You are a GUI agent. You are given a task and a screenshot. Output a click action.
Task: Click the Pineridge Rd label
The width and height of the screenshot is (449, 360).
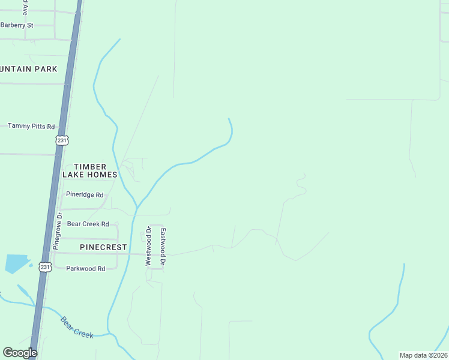tap(85, 195)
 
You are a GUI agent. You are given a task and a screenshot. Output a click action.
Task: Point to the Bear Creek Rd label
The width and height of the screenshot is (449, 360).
tap(88, 224)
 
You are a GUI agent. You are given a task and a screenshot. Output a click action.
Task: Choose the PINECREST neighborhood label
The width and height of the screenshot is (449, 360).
tap(103, 247)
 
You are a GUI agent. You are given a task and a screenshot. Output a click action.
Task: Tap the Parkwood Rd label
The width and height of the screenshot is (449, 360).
tap(85, 268)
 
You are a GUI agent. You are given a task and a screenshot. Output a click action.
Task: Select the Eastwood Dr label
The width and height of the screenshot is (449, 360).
tap(163, 242)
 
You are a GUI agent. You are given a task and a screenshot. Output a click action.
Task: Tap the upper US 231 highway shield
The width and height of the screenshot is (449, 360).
tap(62, 140)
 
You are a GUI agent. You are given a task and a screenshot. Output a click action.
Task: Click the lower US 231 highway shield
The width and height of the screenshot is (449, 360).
tap(44, 266)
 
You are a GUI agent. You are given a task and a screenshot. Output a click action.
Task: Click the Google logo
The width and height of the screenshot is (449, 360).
tap(20, 353)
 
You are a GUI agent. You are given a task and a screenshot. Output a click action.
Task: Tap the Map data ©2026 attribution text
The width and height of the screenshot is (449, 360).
tap(423, 355)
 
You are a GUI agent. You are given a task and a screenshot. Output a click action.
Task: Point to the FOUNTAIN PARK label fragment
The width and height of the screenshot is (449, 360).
tap(29, 69)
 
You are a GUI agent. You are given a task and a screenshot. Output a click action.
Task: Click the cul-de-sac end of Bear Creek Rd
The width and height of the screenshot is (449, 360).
tap(118, 224)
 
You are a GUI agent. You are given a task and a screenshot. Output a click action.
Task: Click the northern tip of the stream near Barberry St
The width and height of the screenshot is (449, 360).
tap(120, 40)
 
